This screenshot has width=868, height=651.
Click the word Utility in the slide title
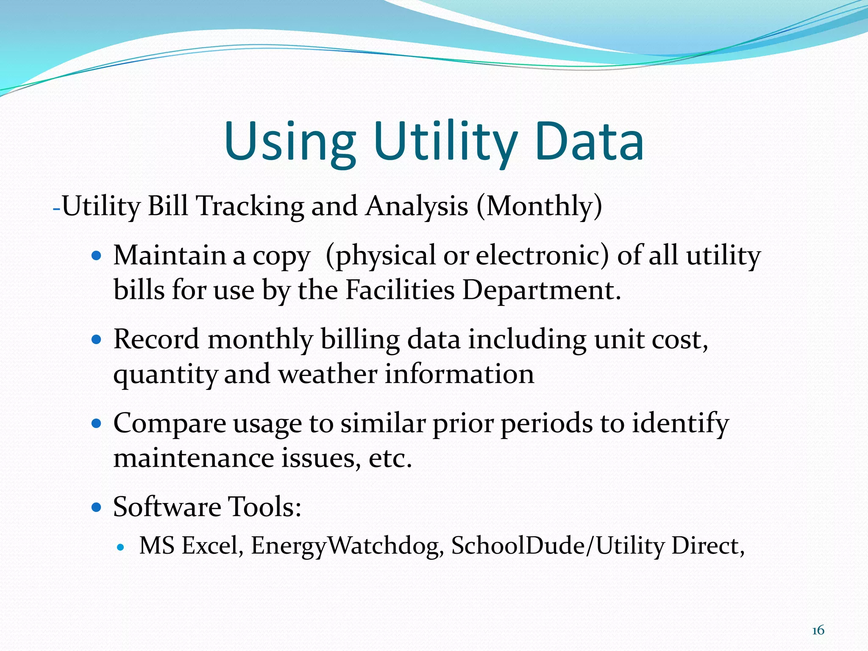[x=445, y=142]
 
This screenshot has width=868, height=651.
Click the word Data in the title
[x=589, y=142]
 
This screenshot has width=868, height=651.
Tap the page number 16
[x=818, y=630]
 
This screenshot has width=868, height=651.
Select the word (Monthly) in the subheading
[x=539, y=207]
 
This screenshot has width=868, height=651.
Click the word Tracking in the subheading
[x=250, y=207]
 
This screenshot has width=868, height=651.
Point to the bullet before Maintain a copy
[x=97, y=256]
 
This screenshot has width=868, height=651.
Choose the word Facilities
[x=400, y=291]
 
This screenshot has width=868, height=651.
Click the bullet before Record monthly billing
[x=97, y=339]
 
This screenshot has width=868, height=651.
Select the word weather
[x=328, y=375]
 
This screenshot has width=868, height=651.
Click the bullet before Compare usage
[x=97, y=423]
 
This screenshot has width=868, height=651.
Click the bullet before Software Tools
[x=97, y=506]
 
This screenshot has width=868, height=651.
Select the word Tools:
[x=264, y=507]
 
